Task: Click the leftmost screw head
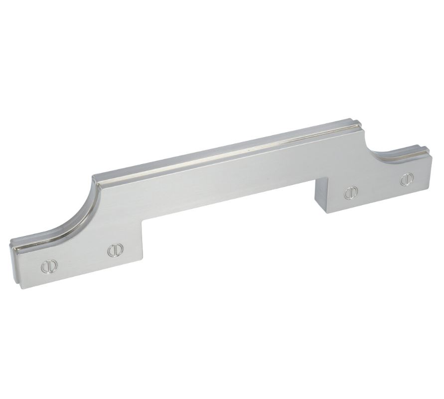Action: (47, 267)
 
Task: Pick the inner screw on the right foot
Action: (351, 192)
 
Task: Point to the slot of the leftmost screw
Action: (47, 267)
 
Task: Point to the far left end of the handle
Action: (11, 254)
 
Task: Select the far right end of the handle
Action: (432, 160)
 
